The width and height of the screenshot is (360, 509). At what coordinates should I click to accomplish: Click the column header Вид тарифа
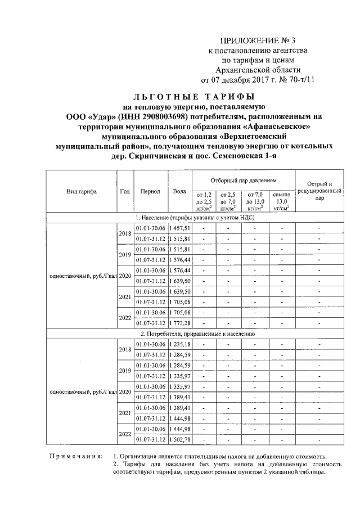[x=82, y=191]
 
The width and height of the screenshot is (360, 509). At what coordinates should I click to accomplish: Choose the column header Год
[x=125, y=191]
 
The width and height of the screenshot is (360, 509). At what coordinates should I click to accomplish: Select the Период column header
[x=151, y=191]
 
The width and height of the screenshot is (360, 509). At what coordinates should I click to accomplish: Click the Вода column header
[x=180, y=191]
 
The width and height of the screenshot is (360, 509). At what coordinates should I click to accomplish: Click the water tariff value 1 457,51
[x=180, y=228]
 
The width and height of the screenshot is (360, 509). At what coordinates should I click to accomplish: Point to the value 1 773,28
[x=180, y=323]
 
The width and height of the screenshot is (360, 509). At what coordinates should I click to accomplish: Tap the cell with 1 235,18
[x=180, y=344]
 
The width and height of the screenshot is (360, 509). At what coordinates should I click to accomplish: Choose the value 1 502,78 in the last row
[x=180, y=439]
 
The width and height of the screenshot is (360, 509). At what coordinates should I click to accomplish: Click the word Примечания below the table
[x=75, y=456]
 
